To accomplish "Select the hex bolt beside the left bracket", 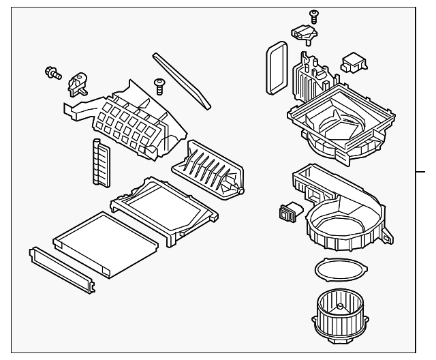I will coord(52,73).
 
